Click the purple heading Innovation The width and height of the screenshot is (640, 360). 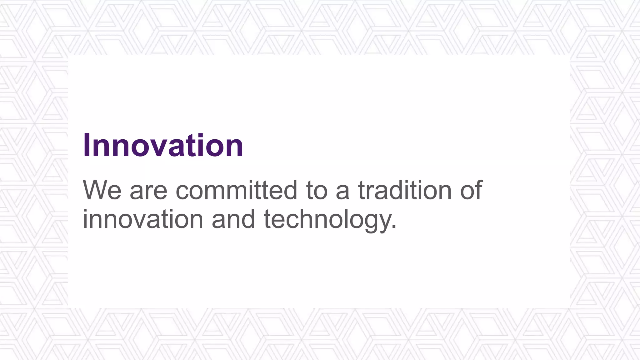pyautogui.click(x=163, y=145)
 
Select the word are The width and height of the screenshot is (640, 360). pyautogui.click(x=148, y=191)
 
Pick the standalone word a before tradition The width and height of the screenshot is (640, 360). pyautogui.click(x=342, y=191)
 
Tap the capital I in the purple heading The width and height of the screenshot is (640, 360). pyautogui.click(x=87, y=145)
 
